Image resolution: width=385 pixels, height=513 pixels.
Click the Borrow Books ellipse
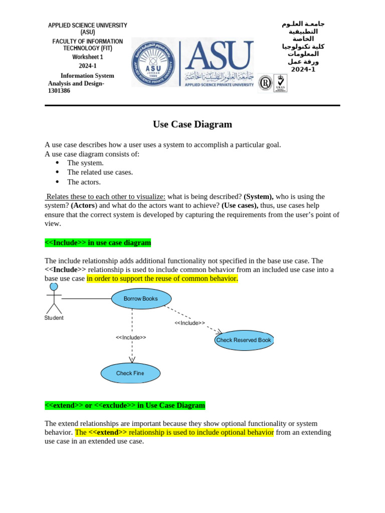click(x=141, y=299)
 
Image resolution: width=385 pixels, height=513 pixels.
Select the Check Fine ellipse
click(x=130, y=373)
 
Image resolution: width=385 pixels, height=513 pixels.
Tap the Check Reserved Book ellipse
click(x=244, y=340)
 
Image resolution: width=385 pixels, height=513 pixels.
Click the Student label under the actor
click(x=54, y=318)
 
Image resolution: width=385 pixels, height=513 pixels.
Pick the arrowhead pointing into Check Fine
click(x=132, y=359)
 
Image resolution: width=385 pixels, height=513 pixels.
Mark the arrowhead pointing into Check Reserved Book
click(x=219, y=331)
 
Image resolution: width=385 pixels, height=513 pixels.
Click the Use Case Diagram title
click(x=192, y=124)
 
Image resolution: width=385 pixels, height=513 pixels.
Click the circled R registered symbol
click(x=265, y=83)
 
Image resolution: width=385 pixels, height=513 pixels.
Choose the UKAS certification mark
click(x=280, y=83)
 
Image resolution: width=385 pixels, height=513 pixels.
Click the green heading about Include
click(x=98, y=242)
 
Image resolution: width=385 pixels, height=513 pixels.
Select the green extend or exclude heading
click(x=125, y=405)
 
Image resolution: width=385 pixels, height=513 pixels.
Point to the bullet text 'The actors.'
click(x=84, y=182)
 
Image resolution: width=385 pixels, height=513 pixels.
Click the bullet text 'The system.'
click(x=85, y=163)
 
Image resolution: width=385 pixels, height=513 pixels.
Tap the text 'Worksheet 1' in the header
click(x=87, y=57)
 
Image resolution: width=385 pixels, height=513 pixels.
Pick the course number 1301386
click(x=59, y=91)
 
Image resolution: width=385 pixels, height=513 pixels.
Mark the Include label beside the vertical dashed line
click(x=131, y=337)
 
